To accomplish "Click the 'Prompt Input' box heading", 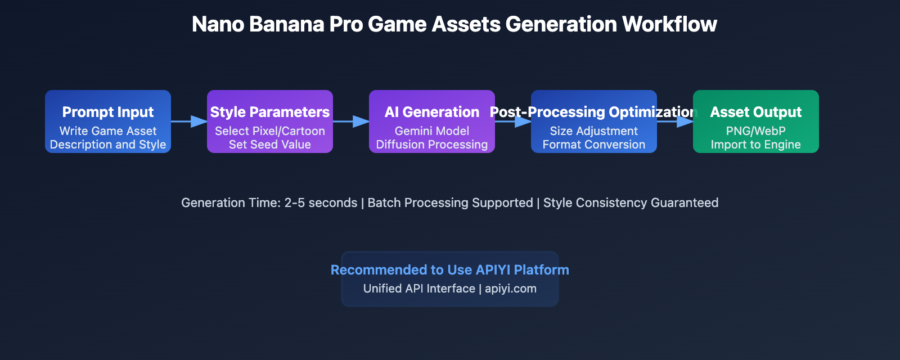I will [x=108, y=112].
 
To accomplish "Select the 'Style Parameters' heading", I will [x=270, y=112].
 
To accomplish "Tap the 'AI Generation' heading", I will [x=432, y=112].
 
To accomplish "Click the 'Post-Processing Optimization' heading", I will [x=594, y=112].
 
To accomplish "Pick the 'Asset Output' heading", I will [x=755, y=112].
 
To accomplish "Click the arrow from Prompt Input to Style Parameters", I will [x=189, y=121].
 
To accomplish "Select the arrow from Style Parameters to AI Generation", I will [x=351, y=121].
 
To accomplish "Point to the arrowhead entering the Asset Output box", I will [x=685, y=121].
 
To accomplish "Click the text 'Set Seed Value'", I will [x=270, y=145].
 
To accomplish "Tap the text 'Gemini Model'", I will [x=432, y=131].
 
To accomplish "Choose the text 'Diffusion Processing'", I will [x=432, y=145].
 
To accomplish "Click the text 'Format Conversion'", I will [x=594, y=145].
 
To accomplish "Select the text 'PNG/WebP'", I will [x=755, y=131].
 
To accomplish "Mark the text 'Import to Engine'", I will [x=755, y=145].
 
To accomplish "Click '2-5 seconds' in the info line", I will [x=321, y=202].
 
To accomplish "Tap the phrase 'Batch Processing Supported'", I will [x=450, y=202].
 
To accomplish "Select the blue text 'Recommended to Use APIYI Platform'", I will [x=450, y=270].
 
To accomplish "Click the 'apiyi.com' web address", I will [x=511, y=289].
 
